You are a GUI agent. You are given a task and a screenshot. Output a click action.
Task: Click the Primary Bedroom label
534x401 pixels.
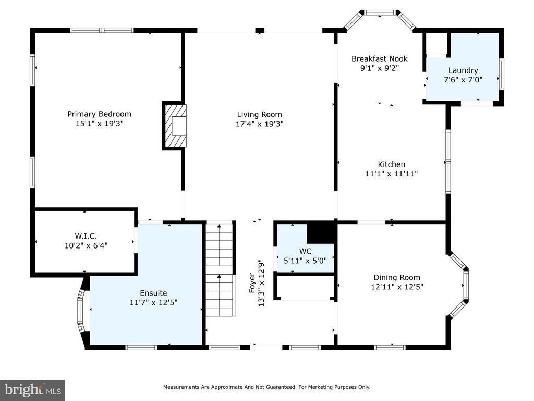(99, 114)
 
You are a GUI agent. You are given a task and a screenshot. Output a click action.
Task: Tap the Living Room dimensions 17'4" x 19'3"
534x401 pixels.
(260, 124)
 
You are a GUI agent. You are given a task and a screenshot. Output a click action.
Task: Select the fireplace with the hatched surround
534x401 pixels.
(174, 125)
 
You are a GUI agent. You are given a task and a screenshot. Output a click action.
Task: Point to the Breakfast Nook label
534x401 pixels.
(380, 58)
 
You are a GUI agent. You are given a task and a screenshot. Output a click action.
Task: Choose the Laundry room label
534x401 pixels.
(463, 70)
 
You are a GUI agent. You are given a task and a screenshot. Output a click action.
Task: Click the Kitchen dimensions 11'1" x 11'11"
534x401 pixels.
(391, 173)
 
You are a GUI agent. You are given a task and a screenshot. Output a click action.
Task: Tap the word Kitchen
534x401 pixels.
(391, 164)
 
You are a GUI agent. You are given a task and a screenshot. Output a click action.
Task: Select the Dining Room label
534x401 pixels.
(397, 278)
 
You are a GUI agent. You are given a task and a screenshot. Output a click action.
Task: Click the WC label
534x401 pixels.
(305, 251)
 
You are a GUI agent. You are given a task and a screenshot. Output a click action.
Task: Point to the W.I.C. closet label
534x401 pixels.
(86, 236)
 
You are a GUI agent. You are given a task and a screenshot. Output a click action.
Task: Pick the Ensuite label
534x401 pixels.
(154, 293)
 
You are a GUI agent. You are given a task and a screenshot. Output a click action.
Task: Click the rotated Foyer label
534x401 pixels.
(252, 282)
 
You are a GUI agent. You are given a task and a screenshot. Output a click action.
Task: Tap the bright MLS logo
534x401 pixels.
(33, 390)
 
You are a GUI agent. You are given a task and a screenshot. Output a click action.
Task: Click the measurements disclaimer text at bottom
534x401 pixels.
(266, 387)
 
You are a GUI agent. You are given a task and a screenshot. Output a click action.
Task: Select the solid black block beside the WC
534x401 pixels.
(321, 232)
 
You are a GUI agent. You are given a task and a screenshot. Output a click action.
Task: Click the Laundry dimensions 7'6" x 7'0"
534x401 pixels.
(463, 80)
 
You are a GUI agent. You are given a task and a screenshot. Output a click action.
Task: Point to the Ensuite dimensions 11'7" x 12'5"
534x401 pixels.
(154, 302)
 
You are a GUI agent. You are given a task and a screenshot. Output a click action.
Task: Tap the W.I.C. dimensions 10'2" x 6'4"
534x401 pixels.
(86, 245)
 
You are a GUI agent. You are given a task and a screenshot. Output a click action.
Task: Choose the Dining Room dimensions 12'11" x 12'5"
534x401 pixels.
(397, 287)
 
